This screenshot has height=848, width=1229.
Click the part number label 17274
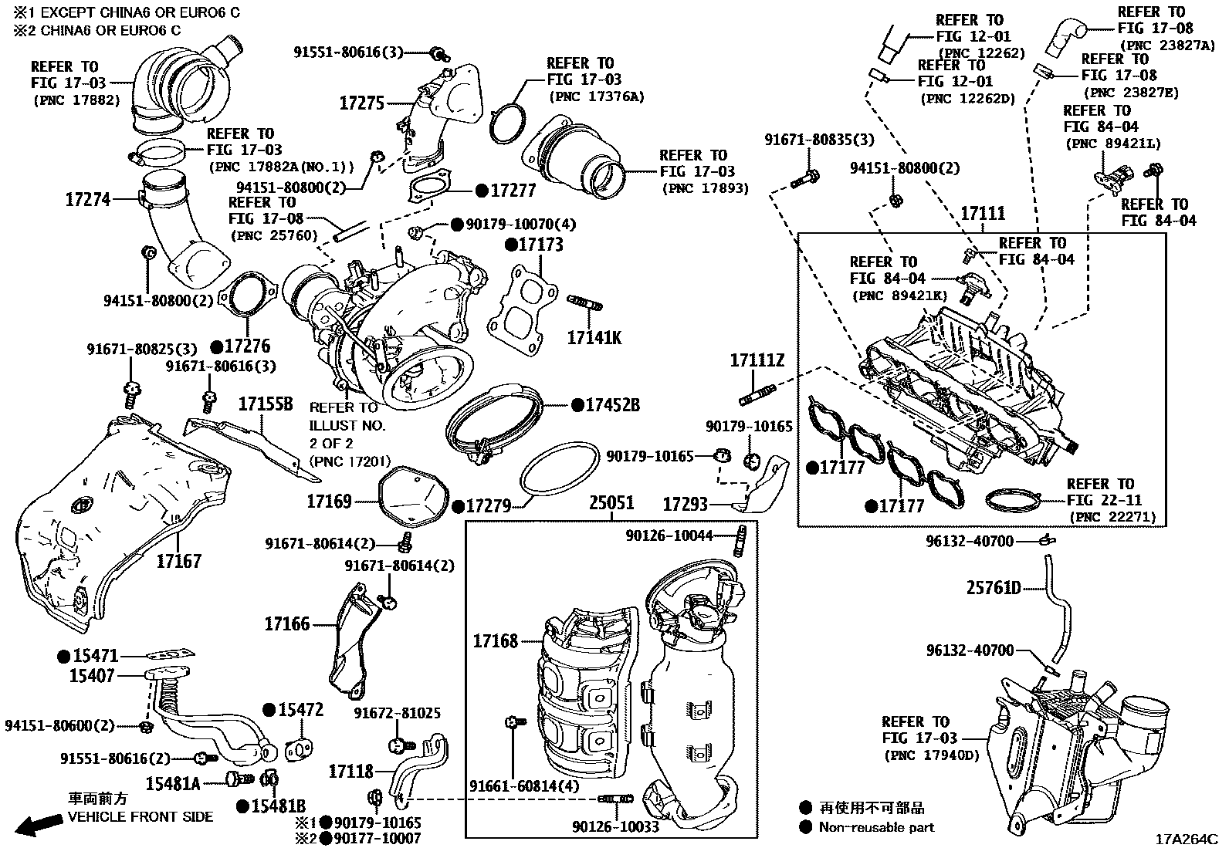(x=87, y=200)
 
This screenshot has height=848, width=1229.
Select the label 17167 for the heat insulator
(x=178, y=561)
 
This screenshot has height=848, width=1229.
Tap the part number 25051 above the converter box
(x=611, y=504)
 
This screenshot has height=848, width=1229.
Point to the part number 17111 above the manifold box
(x=982, y=214)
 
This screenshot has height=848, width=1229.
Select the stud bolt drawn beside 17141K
(x=585, y=302)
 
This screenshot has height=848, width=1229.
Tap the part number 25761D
(x=994, y=589)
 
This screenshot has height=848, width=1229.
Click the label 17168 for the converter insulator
(x=495, y=641)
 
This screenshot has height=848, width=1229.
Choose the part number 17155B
(x=266, y=404)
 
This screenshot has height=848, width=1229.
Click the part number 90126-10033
(x=615, y=826)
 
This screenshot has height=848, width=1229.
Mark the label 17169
(x=330, y=502)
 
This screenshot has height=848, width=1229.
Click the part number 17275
(x=361, y=103)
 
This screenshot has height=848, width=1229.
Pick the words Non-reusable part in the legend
(x=876, y=827)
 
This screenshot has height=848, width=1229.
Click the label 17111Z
(x=757, y=360)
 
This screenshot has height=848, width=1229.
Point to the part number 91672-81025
(x=397, y=713)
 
